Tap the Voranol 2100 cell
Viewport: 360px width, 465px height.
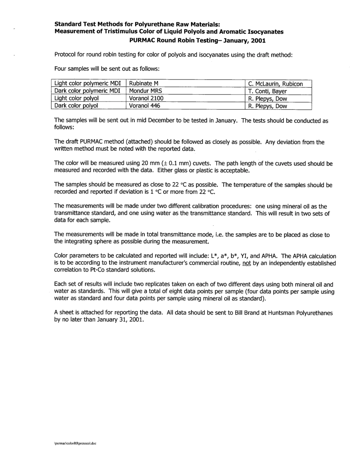pyautogui.click(x=146, y=98)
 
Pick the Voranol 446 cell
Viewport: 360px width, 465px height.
pyautogui.click(x=144, y=106)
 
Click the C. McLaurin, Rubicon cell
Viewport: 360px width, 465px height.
pyautogui.click(x=275, y=84)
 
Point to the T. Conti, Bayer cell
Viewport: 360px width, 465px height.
pyautogui.click(x=267, y=91)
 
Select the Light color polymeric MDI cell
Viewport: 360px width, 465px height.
pyautogui.click(x=88, y=84)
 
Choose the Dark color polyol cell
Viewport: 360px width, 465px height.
pyautogui.click(x=76, y=106)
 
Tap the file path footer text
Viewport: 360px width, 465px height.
pyautogui.click(x=75, y=443)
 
